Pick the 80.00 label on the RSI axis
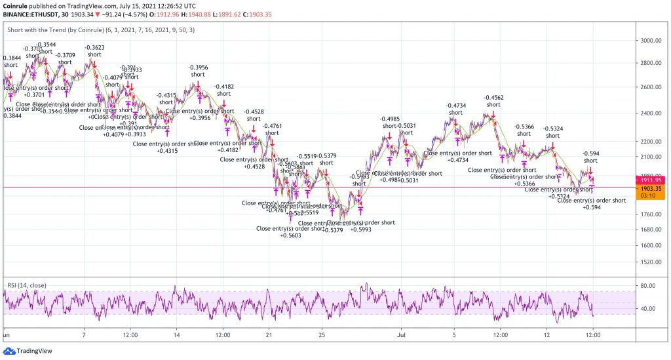648,286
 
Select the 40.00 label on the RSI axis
648,309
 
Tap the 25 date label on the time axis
321,333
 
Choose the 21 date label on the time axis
269,333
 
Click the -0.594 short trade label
591,153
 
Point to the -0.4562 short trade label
494,97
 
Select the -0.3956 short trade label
198,68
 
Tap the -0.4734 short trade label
456,106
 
